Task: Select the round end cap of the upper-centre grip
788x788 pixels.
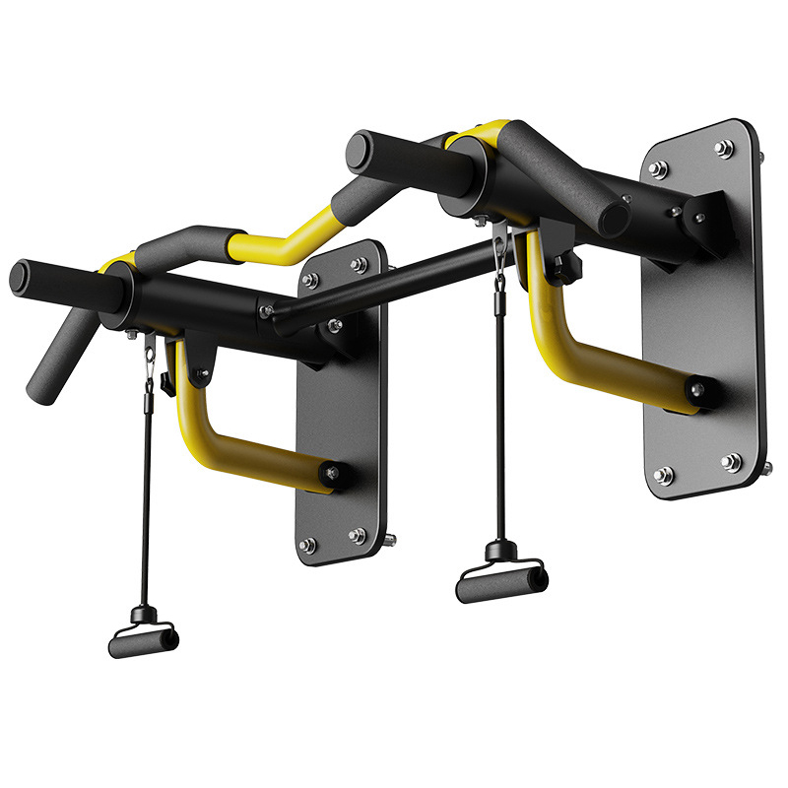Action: click(x=359, y=154)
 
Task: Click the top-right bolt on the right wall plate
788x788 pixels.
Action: click(x=725, y=149)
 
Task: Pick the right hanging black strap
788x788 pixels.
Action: click(x=499, y=414)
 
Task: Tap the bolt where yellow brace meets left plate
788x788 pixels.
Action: click(x=333, y=474)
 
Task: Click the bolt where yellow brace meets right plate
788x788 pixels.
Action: click(x=698, y=392)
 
